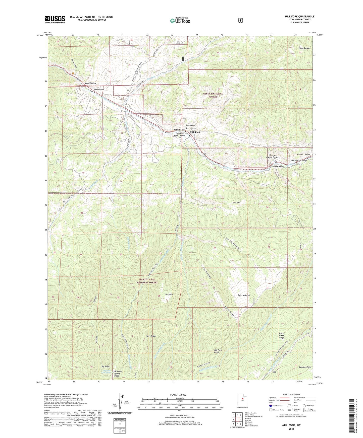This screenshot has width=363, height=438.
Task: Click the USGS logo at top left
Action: [x=55, y=19]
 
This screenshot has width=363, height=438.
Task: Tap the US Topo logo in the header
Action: [x=180, y=21]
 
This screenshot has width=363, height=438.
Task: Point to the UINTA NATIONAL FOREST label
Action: [x=213, y=95]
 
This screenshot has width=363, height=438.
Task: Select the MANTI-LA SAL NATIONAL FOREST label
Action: [x=147, y=281]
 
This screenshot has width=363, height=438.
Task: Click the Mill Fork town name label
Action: [x=195, y=132]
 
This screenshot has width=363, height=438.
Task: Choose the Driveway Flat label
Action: [x=244, y=295]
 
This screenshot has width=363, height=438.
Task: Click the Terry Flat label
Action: [x=169, y=294]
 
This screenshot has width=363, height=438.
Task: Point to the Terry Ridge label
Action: [x=151, y=336]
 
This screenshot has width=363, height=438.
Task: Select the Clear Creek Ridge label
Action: [x=282, y=335]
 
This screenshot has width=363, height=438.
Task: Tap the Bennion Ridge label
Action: [x=305, y=367]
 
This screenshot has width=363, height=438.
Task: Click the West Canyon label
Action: [x=305, y=48]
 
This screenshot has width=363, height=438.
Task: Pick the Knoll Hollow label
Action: [x=90, y=83]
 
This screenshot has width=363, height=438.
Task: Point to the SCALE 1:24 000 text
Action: [x=178, y=395]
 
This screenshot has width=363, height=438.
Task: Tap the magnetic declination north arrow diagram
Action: [x=120, y=405]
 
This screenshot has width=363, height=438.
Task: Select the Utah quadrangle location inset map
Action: [x=242, y=401]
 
